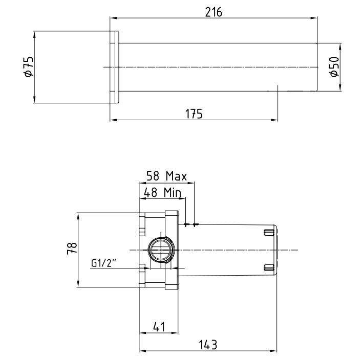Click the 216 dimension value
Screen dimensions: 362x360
[214, 12]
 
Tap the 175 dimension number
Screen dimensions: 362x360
[194, 114]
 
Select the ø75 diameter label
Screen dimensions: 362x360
[29, 66]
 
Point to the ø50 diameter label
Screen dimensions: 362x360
[334, 66]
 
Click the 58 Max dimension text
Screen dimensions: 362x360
[167, 176]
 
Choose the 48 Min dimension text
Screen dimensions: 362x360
[162, 192]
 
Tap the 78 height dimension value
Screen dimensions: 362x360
[72, 248]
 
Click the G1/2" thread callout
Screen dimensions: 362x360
[103, 263]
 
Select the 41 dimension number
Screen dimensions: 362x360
[159, 327]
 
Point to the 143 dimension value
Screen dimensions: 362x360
[208, 345]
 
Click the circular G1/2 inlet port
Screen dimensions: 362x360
[161, 250]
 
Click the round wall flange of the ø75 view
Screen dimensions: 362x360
[114, 67]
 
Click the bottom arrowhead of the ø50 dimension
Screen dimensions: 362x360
[340, 88]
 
